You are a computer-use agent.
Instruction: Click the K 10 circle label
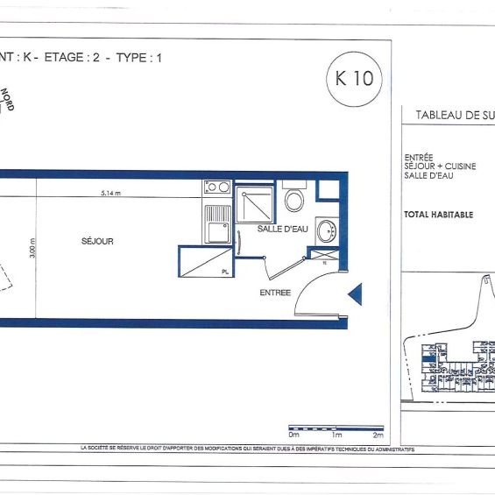pos(354,77)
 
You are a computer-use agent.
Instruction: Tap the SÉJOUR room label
pos(97,241)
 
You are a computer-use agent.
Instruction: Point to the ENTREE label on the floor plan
pos(275,293)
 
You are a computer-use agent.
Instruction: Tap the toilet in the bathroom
pos(294,199)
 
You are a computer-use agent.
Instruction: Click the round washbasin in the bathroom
pos(326,232)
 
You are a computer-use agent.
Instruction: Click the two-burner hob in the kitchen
pos(216,187)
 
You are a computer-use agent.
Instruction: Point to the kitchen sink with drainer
pos(216,223)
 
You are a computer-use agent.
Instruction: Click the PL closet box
pos(206,262)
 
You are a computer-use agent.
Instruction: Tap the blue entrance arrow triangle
pos(355,294)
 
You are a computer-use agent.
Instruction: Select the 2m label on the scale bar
pos(378,435)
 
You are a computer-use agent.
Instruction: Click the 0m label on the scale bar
pos(293,435)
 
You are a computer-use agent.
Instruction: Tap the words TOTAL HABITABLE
pos(438,215)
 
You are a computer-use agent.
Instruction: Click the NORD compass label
pos(7,99)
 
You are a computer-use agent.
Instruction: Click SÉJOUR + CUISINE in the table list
pos(441,166)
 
